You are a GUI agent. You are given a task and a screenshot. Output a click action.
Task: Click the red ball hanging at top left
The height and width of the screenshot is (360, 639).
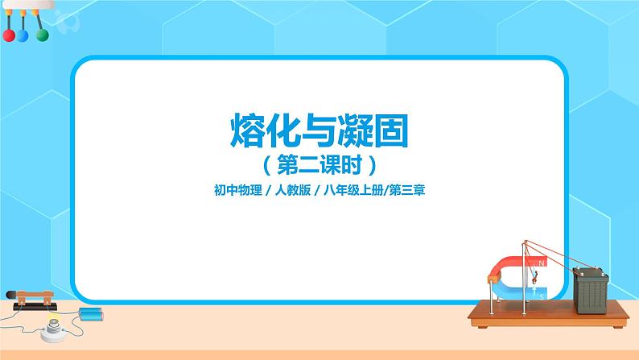pyautogui.click(x=8, y=36)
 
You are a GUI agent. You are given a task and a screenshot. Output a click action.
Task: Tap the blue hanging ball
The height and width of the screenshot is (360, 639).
pyautogui.click(x=24, y=36)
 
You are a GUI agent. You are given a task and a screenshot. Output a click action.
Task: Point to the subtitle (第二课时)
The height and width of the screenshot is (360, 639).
pyautogui.click(x=319, y=165)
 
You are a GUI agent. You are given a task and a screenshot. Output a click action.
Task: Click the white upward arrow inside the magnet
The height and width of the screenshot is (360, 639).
pyautogui.click(x=534, y=279)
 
